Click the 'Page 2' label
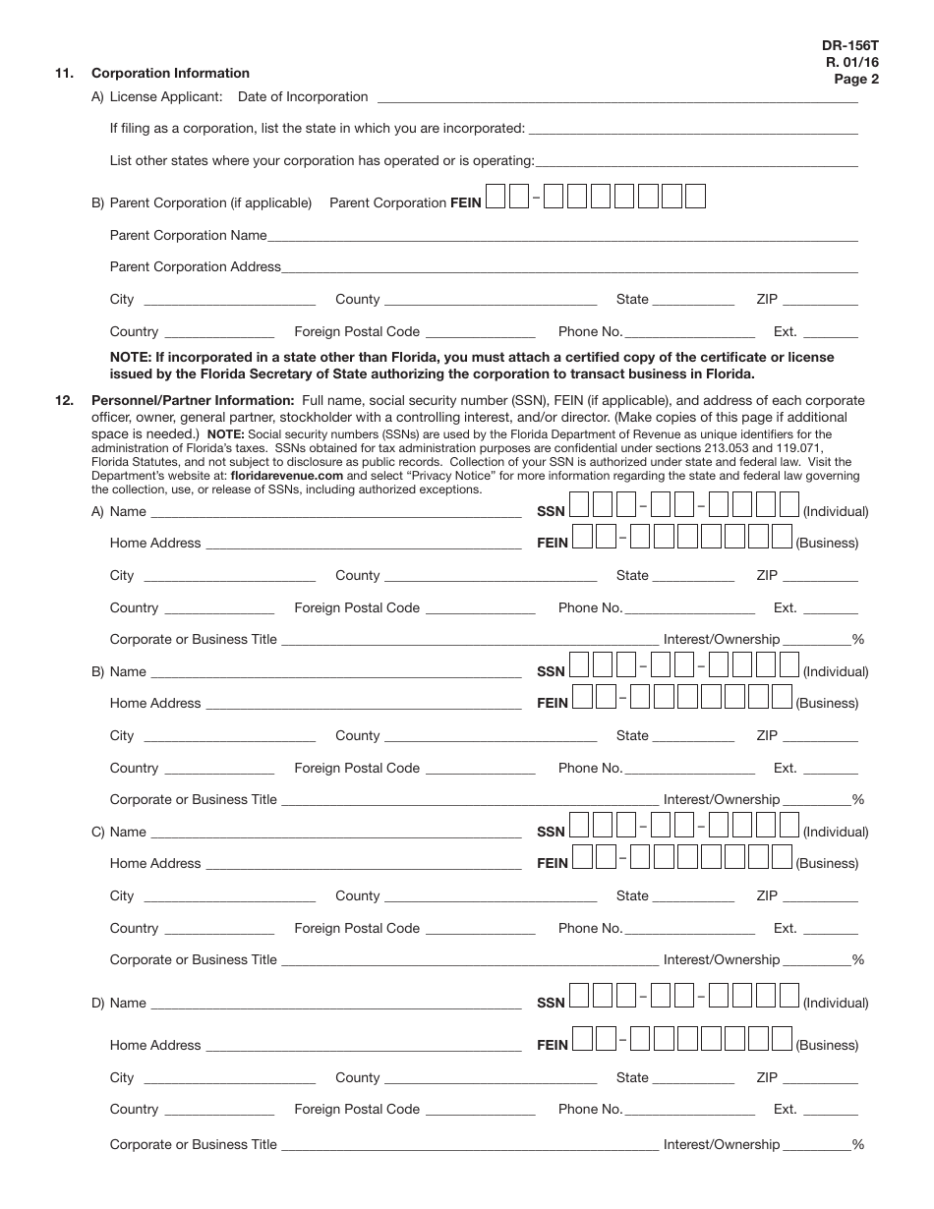click(856, 80)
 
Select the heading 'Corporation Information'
click(170, 73)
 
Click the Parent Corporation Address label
click(195, 266)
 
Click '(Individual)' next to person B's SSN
click(836, 671)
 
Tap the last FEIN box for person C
click(782, 857)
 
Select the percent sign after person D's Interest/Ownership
click(858, 1144)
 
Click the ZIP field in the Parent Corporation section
click(820, 304)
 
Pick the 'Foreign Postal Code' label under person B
click(357, 768)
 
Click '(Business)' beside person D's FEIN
click(827, 1045)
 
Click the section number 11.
click(64, 73)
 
